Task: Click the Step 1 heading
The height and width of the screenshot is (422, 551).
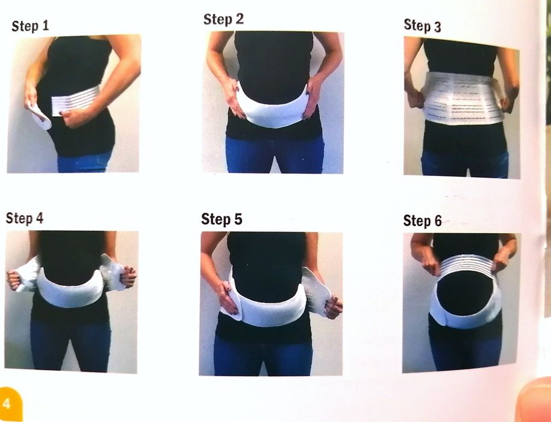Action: point(30,26)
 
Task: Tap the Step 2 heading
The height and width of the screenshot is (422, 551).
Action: point(223,19)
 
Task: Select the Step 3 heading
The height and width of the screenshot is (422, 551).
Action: point(422,26)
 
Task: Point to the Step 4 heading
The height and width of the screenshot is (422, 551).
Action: point(25,218)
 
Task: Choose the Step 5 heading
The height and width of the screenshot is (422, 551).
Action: point(222,219)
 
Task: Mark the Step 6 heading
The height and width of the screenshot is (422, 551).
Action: point(422,221)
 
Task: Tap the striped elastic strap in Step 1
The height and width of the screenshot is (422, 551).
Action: point(75,101)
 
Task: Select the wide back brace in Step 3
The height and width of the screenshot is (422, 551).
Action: point(462,98)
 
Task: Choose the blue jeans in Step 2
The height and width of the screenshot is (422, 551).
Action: point(275,155)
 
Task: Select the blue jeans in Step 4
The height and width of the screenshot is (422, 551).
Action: point(70,345)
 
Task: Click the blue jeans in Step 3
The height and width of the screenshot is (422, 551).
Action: point(464,163)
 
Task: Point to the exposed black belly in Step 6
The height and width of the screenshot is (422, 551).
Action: point(465,294)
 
